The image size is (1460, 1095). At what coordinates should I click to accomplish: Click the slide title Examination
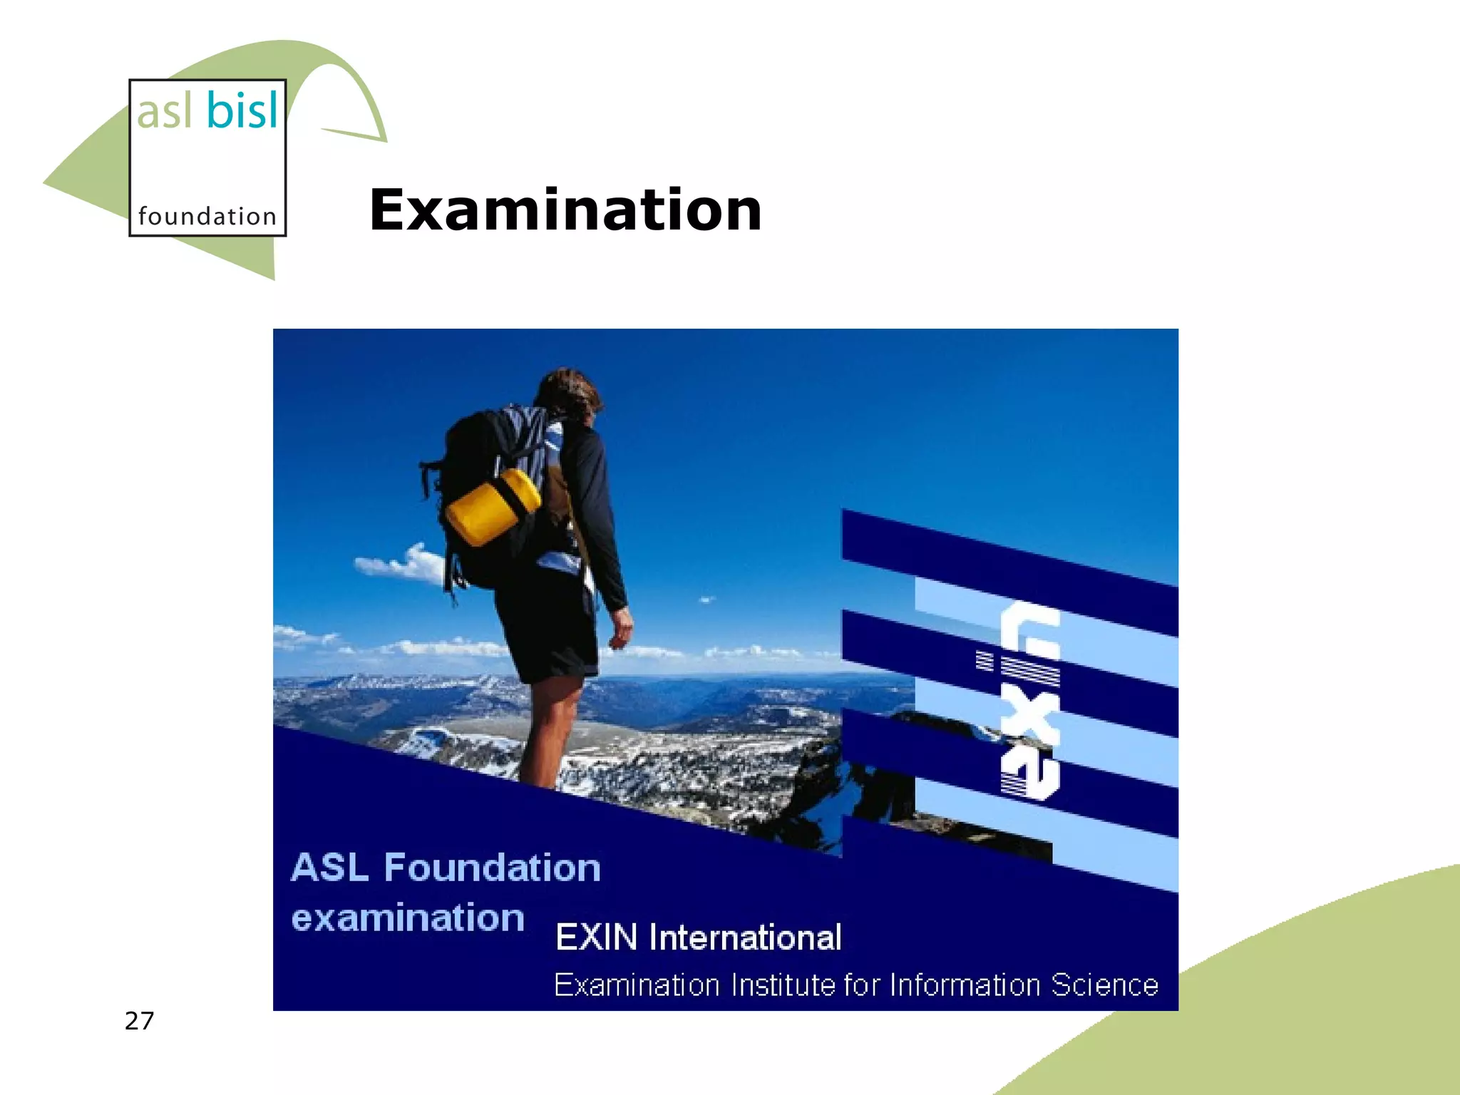click(x=565, y=210)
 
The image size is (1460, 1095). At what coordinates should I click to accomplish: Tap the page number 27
click(x=139, y=1021)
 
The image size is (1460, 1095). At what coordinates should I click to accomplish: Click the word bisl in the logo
click(x=242, y=110)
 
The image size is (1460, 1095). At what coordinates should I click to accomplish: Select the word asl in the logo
click(x=165, y=112)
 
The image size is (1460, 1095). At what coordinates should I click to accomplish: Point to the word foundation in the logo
click(x=207, y=216)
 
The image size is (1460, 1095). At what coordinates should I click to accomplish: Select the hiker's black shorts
click(x=545, y=627)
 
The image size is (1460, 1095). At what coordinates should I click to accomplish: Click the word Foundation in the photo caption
click(x=492, y=868)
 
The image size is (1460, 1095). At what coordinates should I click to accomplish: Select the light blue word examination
click(x=408, y=918)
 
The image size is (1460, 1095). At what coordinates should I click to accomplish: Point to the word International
click(x=745, y=937)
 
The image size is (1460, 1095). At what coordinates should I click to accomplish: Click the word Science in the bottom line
click(x=1104, y=985)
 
